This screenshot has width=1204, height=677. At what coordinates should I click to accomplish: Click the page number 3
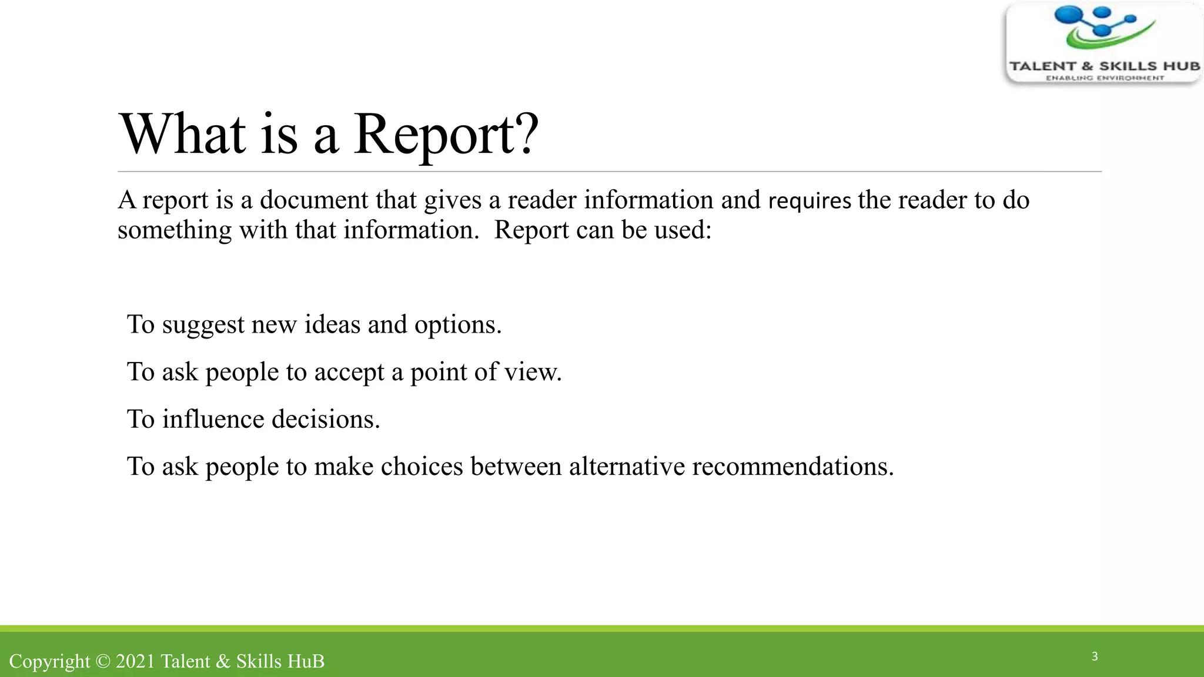pos(1095,656)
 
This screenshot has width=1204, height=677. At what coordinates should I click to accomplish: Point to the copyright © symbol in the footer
pos(103,661)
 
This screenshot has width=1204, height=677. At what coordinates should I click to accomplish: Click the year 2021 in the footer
pos(135,661)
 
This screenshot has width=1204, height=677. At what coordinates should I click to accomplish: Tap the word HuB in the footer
pos(305,661)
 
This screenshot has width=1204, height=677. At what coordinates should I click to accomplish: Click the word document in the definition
pos(314,200)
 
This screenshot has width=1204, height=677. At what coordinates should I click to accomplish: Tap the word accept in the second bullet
pos(349,373)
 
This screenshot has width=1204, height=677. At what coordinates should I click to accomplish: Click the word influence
pos(213,420)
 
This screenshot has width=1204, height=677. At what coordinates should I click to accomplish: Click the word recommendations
pos(792,467)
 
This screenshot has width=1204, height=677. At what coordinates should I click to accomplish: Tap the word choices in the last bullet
pos(422,467)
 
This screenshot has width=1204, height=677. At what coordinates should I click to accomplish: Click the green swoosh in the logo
pos(1105,38)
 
